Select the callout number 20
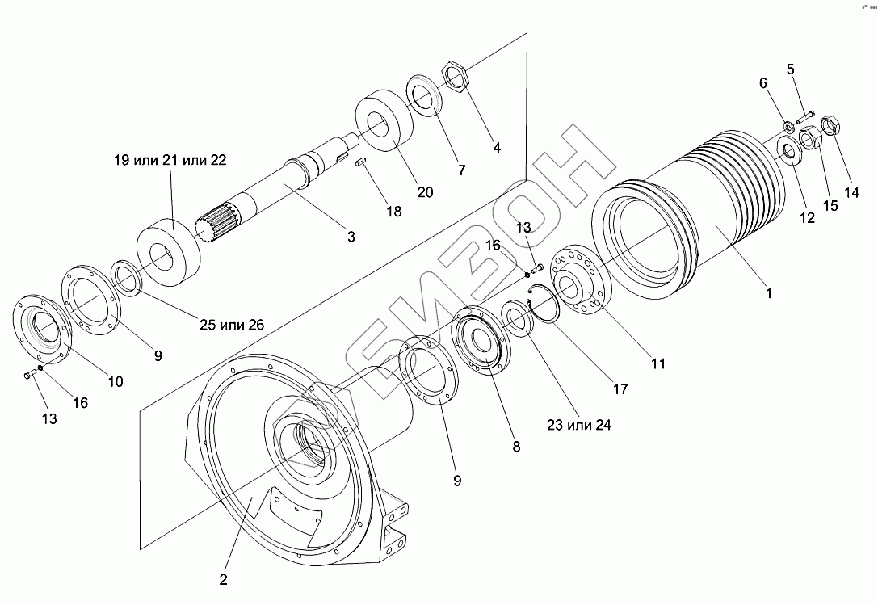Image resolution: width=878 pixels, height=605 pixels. tap(425, 192)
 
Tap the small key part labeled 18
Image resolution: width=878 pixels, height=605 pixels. tap(360, 162)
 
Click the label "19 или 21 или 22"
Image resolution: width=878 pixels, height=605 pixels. tap(170, 160)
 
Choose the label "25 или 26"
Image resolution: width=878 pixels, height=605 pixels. tap(232, 325)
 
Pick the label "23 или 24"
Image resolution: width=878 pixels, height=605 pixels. tap(579, 425)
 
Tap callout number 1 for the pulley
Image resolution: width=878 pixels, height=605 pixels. tap(769, 293)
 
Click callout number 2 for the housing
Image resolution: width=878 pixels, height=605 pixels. tap(223, 580)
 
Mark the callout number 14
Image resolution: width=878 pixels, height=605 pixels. tap(851, 192)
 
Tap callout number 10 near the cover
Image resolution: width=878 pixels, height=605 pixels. tap(116, 381)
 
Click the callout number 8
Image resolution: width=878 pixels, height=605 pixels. tap(516, 447)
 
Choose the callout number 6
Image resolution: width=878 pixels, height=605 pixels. tap(762, 83)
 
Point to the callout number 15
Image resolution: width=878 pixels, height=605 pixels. tap(830, 206)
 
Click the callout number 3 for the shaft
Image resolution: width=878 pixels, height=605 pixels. tap(351, 237)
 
